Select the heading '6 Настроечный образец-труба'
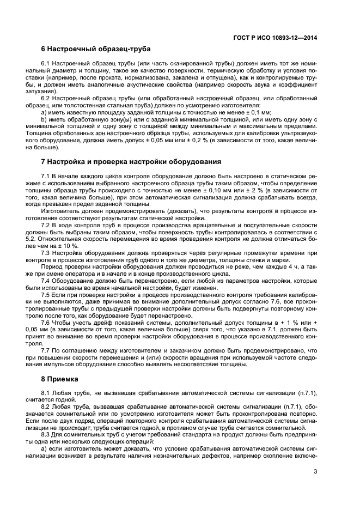tap(96, 49)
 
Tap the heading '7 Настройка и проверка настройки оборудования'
tap(131, 162)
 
